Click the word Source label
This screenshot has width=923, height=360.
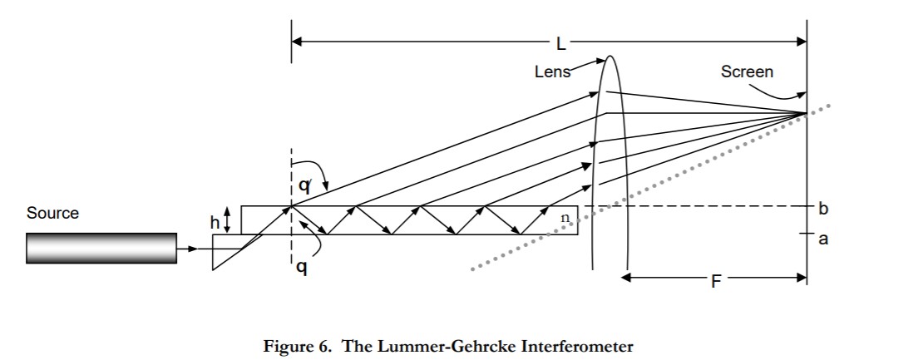tap(52, 213)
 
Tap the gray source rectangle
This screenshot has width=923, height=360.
tap(101, 248)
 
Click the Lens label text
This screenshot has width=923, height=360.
tap(552, 72)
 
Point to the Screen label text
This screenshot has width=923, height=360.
tap(746, 72)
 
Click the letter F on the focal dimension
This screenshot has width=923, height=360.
tap(714, 281)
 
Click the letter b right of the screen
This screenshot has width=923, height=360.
tap(823, 209)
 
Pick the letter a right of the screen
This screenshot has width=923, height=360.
tap(823, 239)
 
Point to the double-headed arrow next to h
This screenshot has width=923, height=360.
tap(230, 221)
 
